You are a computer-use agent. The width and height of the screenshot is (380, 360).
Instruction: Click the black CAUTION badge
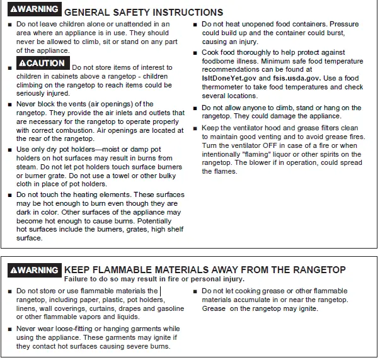42,64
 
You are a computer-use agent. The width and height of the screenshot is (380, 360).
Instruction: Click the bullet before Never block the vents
9,105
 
